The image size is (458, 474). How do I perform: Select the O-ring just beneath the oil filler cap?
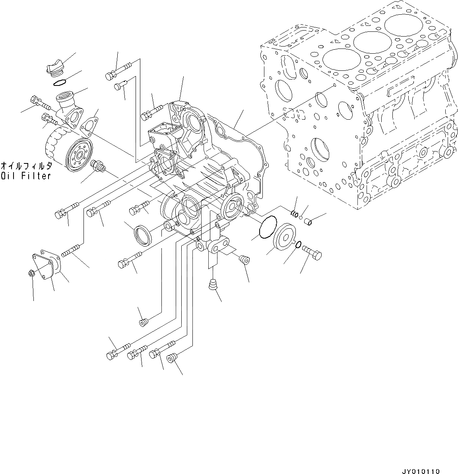coord(58,83)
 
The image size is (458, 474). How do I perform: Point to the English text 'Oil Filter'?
coord(26,175)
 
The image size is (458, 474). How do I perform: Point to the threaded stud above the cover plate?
coord(72,251)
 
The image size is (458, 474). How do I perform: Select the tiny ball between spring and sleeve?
coord(302,218)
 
